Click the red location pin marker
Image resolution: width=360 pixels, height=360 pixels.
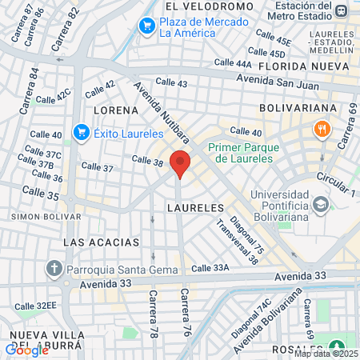[x=181, y=164]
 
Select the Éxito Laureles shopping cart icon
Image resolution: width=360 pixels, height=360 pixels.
[x=81, y=132]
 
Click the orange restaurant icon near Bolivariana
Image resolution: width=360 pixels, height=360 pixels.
[x=322, y=128]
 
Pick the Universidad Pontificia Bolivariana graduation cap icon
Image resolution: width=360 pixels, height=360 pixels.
[x=321, y=205]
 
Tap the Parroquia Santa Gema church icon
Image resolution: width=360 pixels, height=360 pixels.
[x=54, y=268]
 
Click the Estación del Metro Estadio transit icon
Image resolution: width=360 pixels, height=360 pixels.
[x=342, y=10]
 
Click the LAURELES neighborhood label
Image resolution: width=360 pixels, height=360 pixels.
[x=195, y=206]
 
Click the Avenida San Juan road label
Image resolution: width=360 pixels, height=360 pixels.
[x=278, y=82]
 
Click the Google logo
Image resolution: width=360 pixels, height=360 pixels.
[x=26, y=350]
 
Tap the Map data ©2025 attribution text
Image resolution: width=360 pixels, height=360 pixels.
[x=325, y=354]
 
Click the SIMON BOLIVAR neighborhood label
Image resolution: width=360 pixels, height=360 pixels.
[x=34, y=216]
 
